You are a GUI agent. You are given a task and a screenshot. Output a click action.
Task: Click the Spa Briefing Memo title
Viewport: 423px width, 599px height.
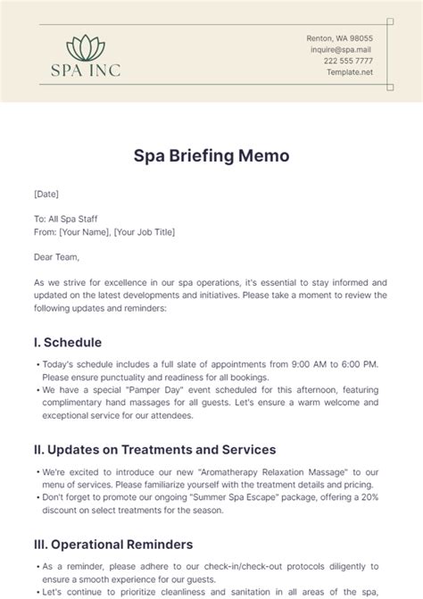(211, 156)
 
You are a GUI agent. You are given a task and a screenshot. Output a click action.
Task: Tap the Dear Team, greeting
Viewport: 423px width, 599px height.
(56, 258)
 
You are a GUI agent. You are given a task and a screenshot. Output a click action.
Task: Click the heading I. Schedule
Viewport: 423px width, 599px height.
(68, 342)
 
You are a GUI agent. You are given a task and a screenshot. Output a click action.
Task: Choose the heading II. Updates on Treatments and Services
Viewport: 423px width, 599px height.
(154, 449)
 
